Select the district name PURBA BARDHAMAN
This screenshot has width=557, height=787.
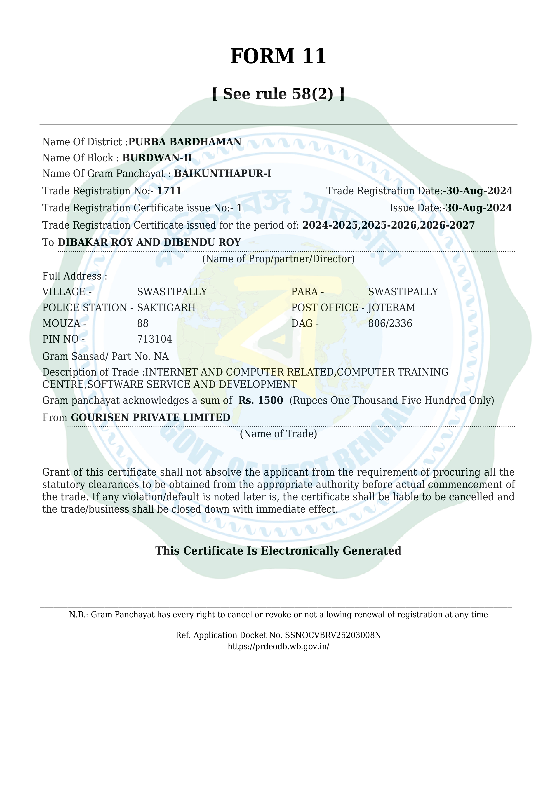(185, 142)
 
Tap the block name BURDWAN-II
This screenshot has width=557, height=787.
(157, 158)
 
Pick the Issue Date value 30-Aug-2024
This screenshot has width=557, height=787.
(479, 208)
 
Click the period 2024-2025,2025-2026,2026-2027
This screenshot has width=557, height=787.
(389, 225)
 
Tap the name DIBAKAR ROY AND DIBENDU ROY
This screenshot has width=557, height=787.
(149, 242)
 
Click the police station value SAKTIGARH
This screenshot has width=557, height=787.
(166, 308)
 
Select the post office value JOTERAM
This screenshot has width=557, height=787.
(391, 308)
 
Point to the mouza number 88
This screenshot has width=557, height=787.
(143, 324)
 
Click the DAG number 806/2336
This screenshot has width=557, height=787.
(390, 324)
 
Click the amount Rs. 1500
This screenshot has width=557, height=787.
(261, 400)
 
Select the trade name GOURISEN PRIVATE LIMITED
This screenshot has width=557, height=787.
(151, 418)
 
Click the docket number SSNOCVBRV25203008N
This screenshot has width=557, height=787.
(333, 635)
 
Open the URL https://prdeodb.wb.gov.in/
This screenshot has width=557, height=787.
(278, 647)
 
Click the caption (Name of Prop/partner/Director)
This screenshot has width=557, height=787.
(278, 259)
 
